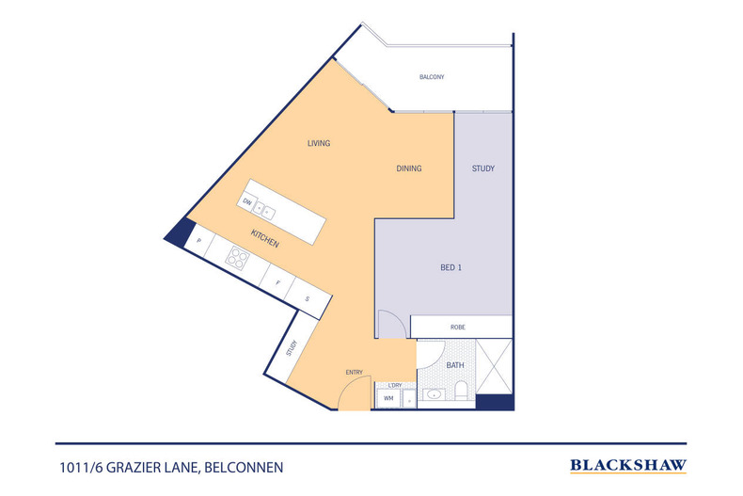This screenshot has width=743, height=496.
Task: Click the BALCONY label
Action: pyautogui.click(x=432, y=76)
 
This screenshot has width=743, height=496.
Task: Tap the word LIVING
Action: pyautogui.click(x=319, y=143)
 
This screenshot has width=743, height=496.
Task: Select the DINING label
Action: pyautogui.click(x=408, y=168)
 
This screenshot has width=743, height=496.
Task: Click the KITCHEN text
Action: pyautogui.click(x=264, y=239)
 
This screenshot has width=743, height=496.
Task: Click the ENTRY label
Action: pyautogui.click(x=354, y=372)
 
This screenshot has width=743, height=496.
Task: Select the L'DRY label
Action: pyautogui.click(x=395, y=386)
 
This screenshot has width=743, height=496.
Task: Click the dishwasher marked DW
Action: pyautogui.click(x=247, y=202)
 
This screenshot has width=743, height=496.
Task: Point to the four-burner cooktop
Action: pyautogui.click(x=238, y=259)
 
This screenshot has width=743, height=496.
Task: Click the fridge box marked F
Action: pyautogui.click(x=277, y=281)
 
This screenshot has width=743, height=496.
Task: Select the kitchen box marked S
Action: pyautogui.click(x=307, y=299)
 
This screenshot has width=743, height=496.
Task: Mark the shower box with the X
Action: pyautogui.click(x=495, y=366)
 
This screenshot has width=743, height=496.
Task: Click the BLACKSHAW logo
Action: pyautogui.click(x=628, y=465)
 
